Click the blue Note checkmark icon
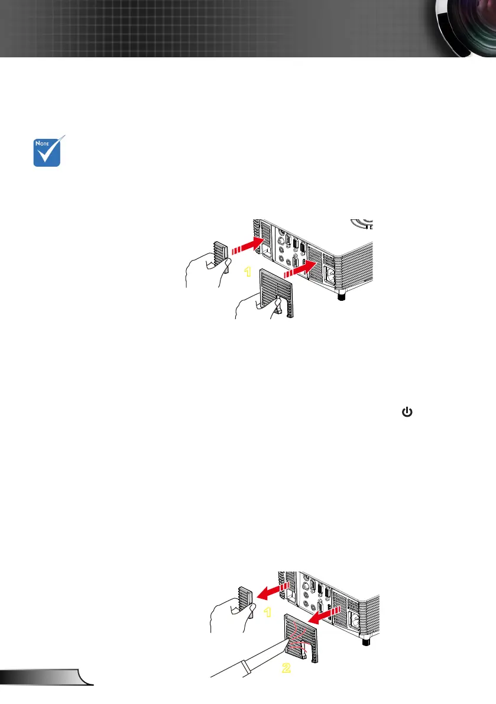(47, 151)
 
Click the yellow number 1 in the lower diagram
(267, 611)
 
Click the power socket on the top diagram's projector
(328, 274)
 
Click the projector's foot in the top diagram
(341, 294)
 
